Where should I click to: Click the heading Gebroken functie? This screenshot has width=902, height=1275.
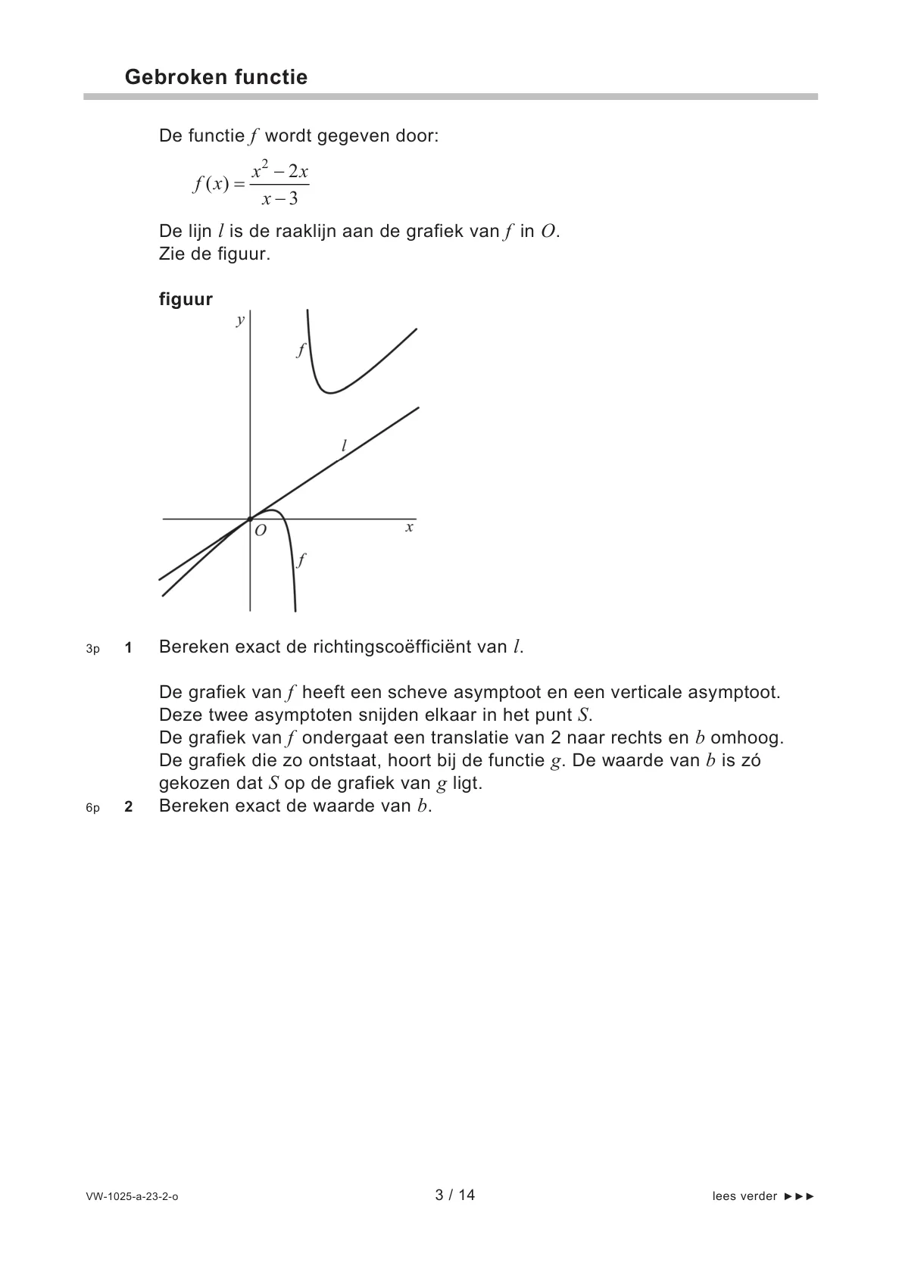tap(216, 77)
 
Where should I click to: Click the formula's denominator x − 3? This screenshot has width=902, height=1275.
tap(279, 199)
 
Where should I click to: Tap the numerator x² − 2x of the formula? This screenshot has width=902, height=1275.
tap(279, 170)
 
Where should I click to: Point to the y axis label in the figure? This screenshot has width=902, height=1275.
tap(240, 320)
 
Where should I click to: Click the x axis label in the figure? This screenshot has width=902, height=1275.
tap(409, 527)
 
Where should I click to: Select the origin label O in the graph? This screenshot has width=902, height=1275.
tap(261, 532)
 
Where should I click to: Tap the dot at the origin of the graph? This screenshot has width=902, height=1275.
tap(250, 519)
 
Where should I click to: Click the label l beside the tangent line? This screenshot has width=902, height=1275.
tap(344, 446)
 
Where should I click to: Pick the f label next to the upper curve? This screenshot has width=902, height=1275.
tap(301, 350)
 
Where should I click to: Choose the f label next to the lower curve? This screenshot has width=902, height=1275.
tap(301, 560)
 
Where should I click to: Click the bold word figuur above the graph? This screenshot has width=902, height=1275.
tap(186, 299)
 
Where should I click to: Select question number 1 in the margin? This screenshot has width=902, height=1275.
tap(129, 647)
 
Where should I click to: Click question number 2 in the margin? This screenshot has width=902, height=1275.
tap(129, 806)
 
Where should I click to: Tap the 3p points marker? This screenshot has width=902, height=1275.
tap(92, 648)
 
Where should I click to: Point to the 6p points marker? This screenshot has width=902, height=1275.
tap(92, 807)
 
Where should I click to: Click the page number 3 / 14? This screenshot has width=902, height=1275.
tap(454, 1195)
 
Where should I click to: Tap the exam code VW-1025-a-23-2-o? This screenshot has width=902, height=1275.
tap(132, 1196)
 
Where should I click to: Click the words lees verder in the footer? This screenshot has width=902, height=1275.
tap(744, 1196)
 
